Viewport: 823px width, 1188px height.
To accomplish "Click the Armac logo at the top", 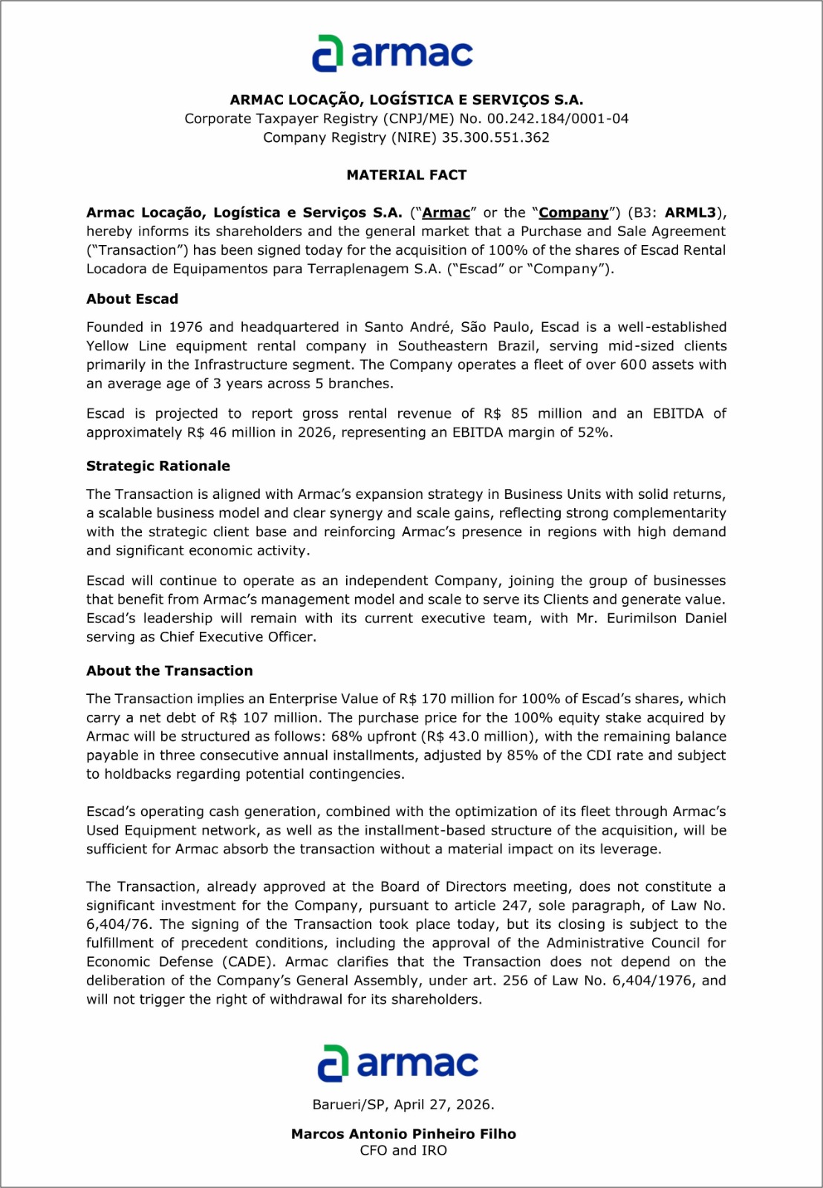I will point(392,53).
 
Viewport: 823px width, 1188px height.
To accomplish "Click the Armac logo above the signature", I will point(397,1063).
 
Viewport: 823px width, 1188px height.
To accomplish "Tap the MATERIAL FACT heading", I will point(406,175).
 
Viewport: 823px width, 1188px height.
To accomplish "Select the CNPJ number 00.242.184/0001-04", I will point(558,119).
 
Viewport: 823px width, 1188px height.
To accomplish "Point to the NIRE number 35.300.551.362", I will point(495,137).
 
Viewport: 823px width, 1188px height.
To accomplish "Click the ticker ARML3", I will point(690,213).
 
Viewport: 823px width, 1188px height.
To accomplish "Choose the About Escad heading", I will point(132,299).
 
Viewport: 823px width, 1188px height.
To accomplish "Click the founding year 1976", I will point(186,327).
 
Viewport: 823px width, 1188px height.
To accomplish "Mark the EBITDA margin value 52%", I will point(593,433).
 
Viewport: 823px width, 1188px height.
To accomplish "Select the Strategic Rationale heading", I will point(158,466).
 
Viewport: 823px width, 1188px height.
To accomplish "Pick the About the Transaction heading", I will point(169,671).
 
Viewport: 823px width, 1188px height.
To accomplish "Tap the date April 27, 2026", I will point(443,1105).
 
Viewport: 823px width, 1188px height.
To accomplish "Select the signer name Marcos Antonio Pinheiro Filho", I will point(403,1134).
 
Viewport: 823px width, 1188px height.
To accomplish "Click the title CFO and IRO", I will point(403,1151).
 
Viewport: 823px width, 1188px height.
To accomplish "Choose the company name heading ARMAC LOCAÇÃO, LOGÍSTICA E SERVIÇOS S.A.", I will point(406,100).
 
